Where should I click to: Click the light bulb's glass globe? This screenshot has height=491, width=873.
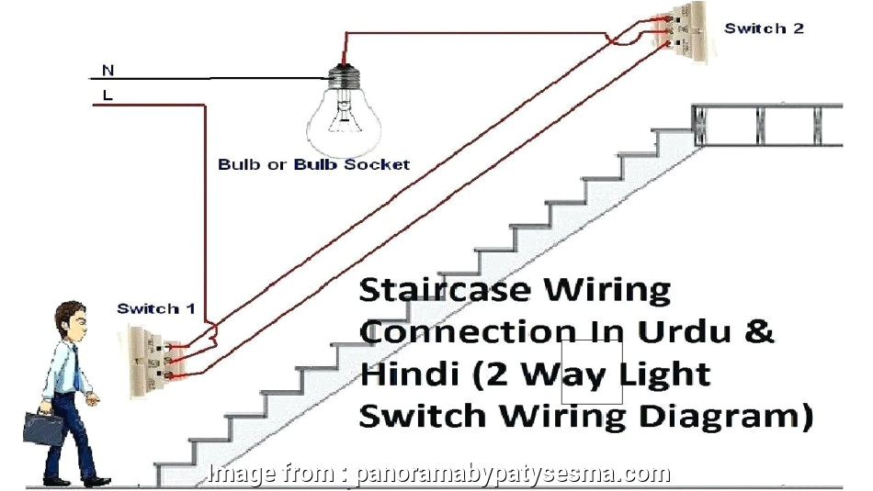[345, 119]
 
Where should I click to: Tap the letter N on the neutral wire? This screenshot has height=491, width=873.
[108, 70]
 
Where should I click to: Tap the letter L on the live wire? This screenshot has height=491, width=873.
[108, 94]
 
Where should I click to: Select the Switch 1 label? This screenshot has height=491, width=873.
[155, 309]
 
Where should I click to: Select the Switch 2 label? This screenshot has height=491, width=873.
[764, 28]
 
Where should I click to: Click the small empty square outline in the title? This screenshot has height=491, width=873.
[592, 372]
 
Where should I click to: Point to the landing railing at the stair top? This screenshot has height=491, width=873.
[766, 124]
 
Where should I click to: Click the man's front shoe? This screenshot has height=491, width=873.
[96, 481]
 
